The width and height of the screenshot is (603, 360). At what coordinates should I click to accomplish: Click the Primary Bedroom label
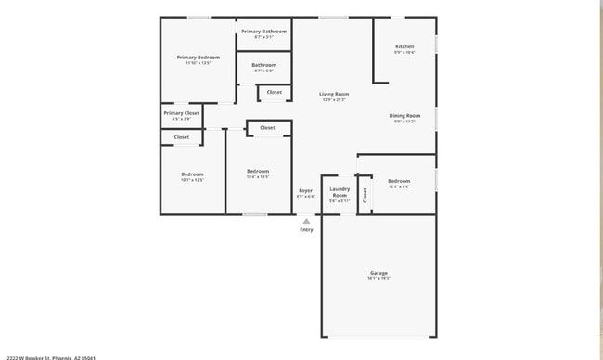[199, 58]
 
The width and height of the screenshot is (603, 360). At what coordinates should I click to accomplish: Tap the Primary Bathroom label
[263, 32]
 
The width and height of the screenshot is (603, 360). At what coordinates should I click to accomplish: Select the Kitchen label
[404, 46]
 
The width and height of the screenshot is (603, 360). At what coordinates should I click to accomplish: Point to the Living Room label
[334, 94]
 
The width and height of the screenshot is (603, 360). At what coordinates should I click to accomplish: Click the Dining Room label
[404, 116]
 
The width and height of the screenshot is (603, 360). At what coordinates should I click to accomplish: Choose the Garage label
[378, 273]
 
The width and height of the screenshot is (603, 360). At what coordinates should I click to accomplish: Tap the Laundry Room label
[340, 192]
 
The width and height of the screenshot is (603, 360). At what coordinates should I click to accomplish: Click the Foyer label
[305, 190]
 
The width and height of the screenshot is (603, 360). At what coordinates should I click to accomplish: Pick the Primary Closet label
[182, 113]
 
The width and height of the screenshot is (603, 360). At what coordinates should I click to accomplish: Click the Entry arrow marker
[306, 221]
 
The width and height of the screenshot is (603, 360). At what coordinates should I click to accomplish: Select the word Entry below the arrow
[306, 230]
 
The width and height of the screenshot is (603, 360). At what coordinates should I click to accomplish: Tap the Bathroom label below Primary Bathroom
[263, 65]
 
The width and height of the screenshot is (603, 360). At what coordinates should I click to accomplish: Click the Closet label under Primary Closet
[182, 137]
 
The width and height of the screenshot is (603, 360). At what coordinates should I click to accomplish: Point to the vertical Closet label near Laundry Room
[365, 195]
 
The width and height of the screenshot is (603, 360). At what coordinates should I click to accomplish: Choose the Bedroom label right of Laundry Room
[399, 181]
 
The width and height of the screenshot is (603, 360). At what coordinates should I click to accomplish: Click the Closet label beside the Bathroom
[275, 92]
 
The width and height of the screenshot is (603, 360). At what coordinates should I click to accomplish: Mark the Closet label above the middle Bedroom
[267, 128]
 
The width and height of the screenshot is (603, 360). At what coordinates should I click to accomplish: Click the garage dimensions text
[378, 278]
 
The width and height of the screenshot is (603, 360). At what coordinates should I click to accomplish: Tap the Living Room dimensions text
[334, 99]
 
